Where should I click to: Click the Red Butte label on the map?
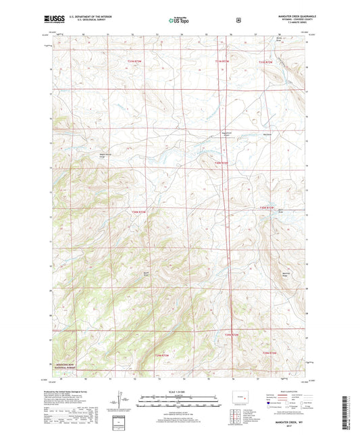(x=267, y=134)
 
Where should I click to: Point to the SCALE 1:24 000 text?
(x=179, y=392)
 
